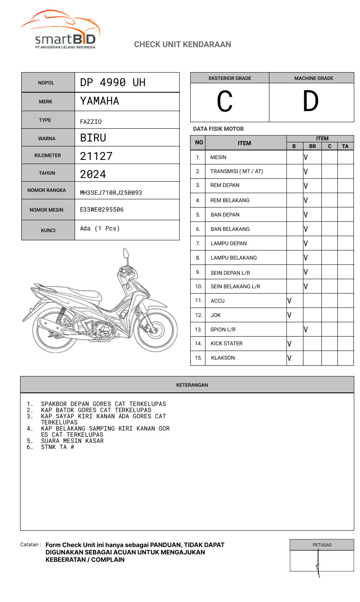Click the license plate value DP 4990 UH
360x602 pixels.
tap(113, 82)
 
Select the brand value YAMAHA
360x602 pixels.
tap(100, 101)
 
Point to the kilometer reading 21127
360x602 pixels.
tap(96, 156)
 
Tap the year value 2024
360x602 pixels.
tap(93, 174)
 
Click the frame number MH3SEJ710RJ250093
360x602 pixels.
tap(111, 193)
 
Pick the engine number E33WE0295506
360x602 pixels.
tap(102, 210)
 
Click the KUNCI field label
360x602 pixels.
tap(48, 230)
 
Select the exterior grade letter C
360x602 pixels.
tap(225, 101)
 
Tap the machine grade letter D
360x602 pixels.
tap(310, 101)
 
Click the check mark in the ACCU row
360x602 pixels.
tap(289, 301)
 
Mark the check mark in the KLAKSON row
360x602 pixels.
tap(289, 358)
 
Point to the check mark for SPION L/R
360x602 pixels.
tap(306, 329)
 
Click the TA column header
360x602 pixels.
tap(345, 146)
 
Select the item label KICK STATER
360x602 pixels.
tap(226, 344)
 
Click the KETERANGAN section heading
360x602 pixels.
tap(192, 385)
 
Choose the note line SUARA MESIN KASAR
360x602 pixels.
tap(72, 441)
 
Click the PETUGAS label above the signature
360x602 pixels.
tap(322, 545)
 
